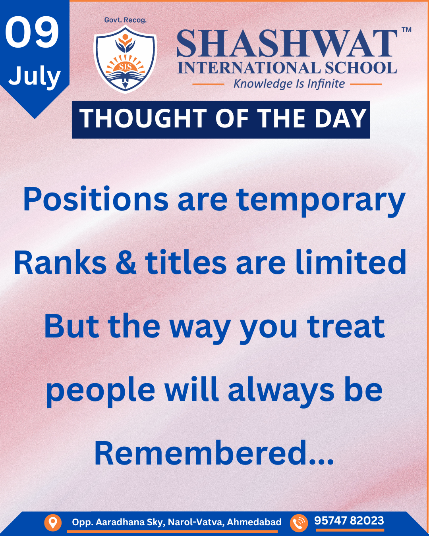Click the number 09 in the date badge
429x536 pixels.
(x=32, y=33)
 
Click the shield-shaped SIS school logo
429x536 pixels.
(x=125, y=59)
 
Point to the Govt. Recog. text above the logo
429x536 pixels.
(x=125, y=20)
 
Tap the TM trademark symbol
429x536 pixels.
(x=407, y=30)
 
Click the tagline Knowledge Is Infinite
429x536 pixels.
(x=289, y=84)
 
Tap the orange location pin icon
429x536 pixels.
(x=53, y=522)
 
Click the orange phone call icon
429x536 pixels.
(x=299, y=522)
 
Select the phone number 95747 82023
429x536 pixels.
(x=349, y=521)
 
